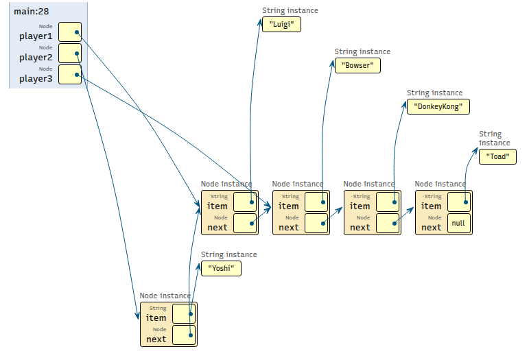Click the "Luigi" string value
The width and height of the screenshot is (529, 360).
[x=281, y=24]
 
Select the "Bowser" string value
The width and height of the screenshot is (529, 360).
[x=357, y=66]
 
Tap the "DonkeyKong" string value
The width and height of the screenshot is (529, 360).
[x=438, y=107]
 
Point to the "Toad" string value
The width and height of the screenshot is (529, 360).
[x=497, y=157]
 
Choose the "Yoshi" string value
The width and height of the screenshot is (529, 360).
[x=221, y=269]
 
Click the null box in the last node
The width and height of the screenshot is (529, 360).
[x=459, y=224]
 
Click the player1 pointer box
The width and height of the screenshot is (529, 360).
[x=70, y=32]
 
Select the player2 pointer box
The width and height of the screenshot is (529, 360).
[x=70, y=53]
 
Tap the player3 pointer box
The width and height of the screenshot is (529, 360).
[x=70, y=74]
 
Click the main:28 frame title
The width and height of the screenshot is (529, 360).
[x=32, y=12]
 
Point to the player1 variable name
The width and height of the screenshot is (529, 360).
[x=36, y=36]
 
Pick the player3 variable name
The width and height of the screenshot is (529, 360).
[x=36, y=79]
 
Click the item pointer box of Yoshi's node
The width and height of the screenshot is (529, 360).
[x=184, y=314]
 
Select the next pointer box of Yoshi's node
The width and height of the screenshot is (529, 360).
[x=184, y=335]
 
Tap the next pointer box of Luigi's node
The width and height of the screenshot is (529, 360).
[x=245, y=224]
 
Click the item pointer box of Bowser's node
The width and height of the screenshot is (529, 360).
[x=316, y=202]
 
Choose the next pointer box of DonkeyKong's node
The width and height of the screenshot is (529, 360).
[x=388, y=224]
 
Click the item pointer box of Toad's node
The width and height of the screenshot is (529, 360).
[x=459, y=202]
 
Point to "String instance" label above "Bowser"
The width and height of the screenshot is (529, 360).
[x=362, y=51]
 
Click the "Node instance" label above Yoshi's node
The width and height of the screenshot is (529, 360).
[x=165, y=296]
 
